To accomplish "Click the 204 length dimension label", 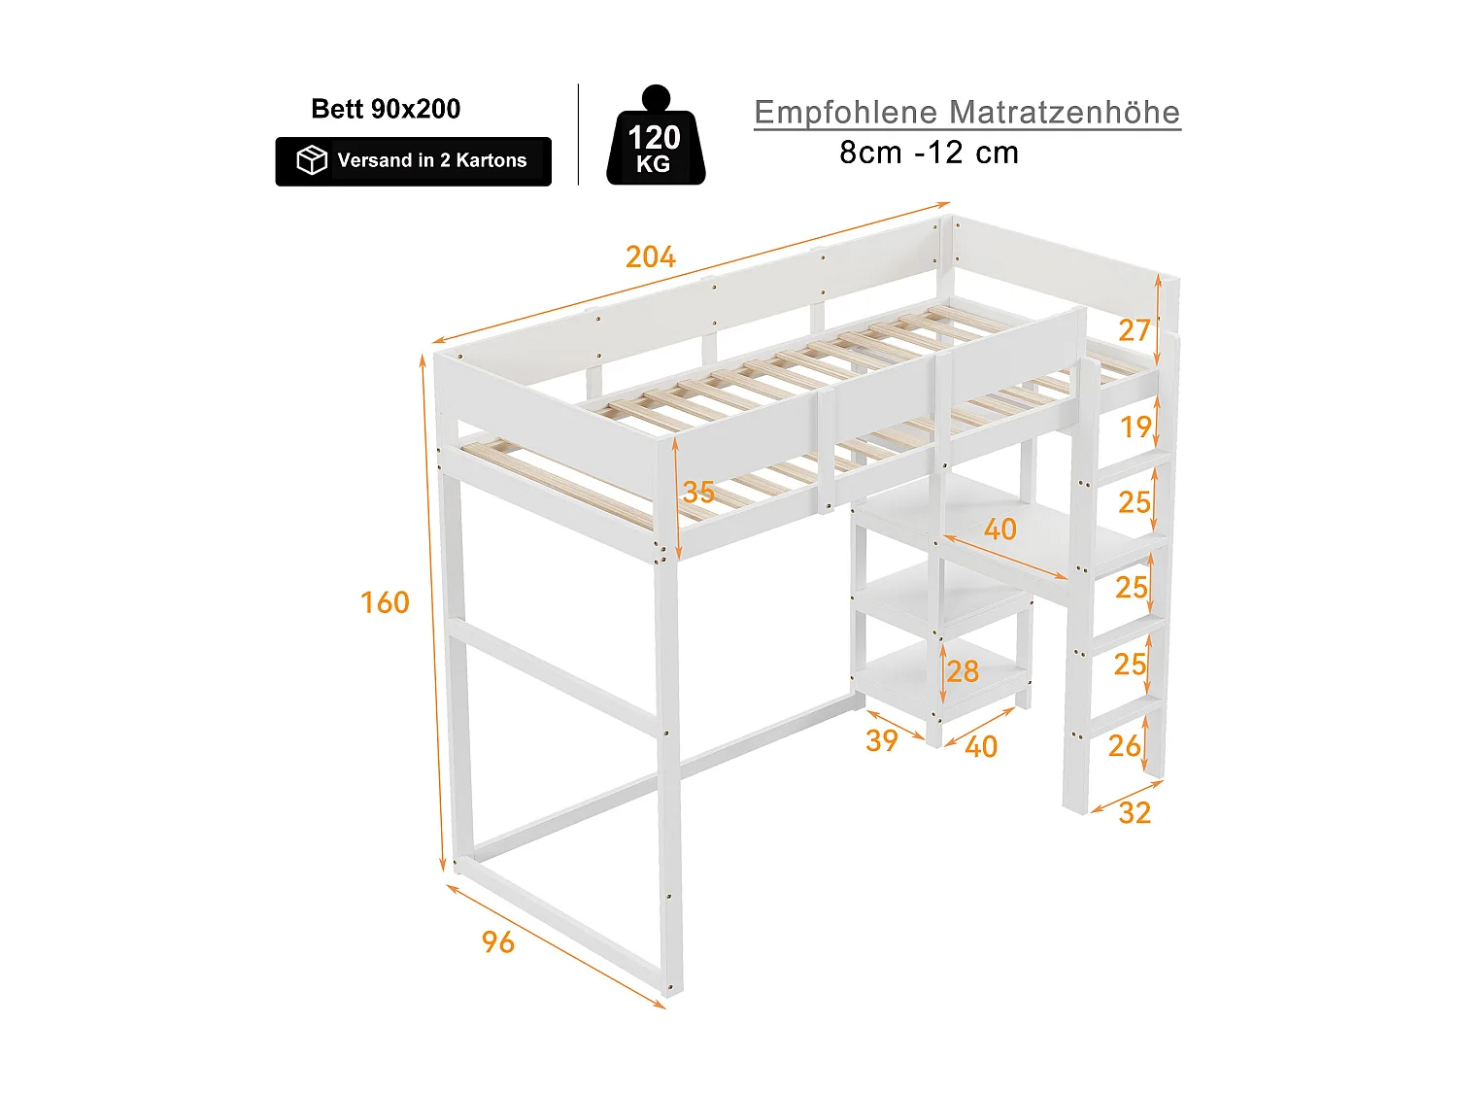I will coord(650,256).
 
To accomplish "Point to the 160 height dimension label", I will coord(385,602).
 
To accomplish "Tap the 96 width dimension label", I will coord(498,941).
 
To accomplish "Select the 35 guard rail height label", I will coord(698,492).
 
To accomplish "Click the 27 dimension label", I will coord(1134,330).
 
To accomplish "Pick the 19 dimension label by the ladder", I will coord(1135,427).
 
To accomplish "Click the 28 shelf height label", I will coord(963,671).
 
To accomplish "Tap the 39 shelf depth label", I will coord(882,740).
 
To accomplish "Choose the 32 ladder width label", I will coord(1135,812).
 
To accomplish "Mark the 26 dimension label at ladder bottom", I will coord(1125,745).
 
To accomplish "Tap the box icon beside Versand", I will coord(312,160).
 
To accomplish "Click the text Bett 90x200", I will coord(386,109).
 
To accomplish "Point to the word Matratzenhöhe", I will coord(1065,113).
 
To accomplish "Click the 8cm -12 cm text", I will coord(929,153).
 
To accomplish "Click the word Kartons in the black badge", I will coord(491,160).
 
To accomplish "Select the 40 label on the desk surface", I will coord(1000,529).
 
